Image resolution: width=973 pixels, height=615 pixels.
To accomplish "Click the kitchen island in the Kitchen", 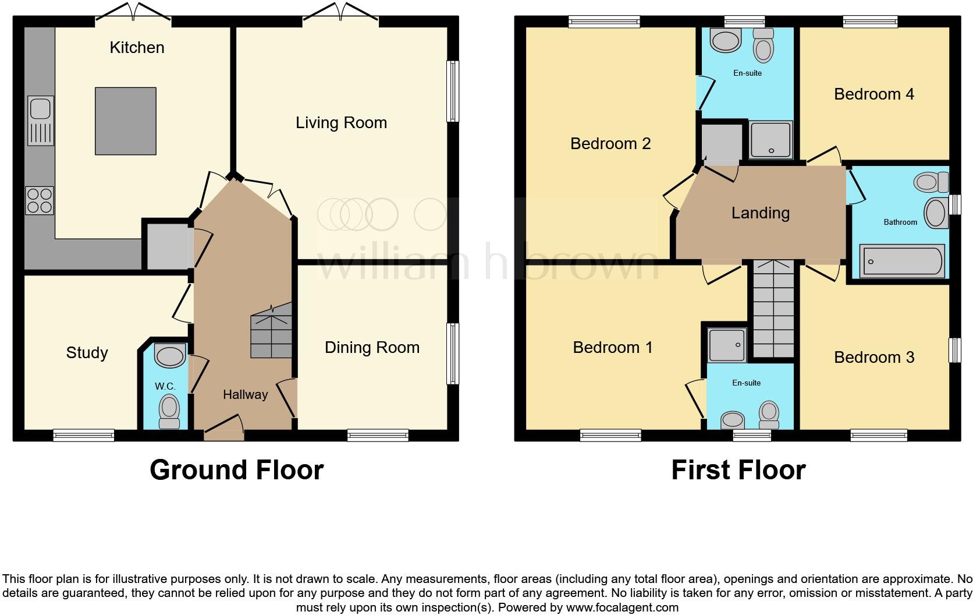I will tap(125, 121).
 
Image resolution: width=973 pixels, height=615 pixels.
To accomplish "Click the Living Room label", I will tap(341, 123).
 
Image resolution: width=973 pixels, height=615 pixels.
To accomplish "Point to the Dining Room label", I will tap(372, 348).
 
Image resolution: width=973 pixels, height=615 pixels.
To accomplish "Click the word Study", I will tap(87, 353).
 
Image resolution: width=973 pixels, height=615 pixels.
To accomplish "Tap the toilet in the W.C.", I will tap(170, 411).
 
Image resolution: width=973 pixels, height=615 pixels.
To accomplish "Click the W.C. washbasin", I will tap(170, 356).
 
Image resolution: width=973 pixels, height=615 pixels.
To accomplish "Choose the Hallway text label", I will tap(245, 395).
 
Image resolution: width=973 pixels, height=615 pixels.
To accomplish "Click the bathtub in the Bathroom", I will tap(901, 261).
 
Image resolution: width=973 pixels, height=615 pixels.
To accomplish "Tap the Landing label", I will tap(760, 213).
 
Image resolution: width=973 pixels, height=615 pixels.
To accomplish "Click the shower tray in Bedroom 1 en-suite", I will tap(727, 345).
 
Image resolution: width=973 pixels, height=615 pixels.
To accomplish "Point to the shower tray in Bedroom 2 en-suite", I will tap(771, 140).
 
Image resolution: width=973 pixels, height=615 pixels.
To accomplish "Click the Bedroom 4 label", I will tap(873, 94).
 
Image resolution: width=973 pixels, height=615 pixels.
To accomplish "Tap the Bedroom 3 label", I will tap(873, 358).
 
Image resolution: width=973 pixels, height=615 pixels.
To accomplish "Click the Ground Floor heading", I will tap(236, 470).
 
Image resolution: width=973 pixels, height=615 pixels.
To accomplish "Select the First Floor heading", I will tap(738, 470).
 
